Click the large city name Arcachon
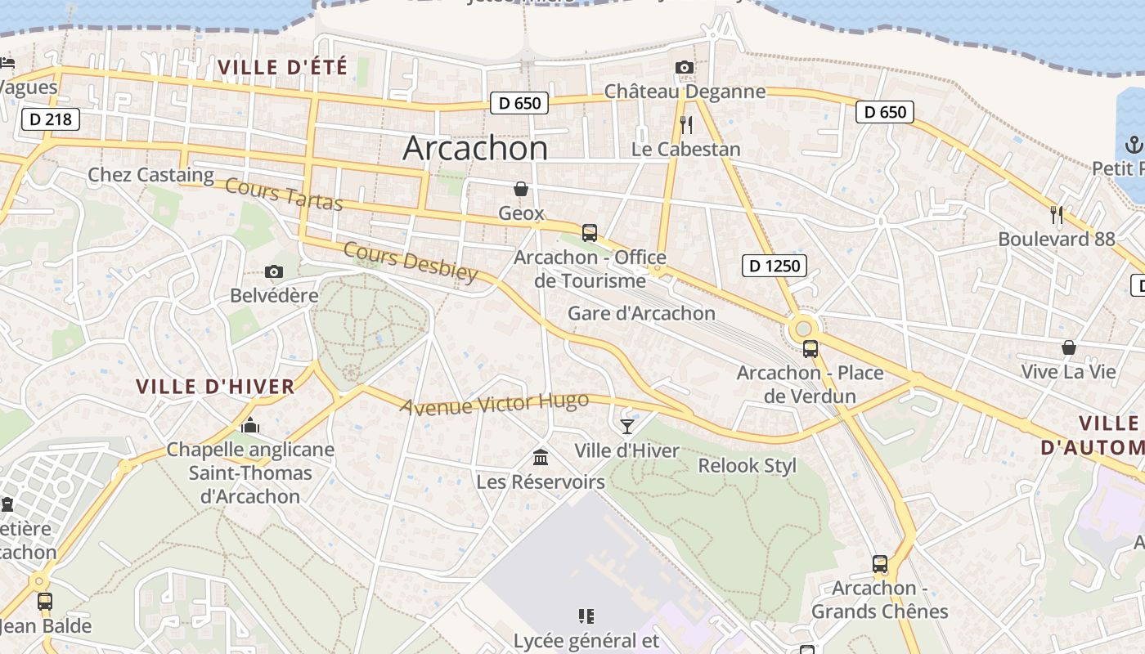(475, 148)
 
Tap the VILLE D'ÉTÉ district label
(283, 67)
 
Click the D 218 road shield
(50, 119)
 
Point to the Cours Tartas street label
(284, 194)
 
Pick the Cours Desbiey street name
(410, 261)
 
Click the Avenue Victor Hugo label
(494, 403)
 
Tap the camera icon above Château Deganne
(685, 67)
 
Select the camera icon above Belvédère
(274, 271)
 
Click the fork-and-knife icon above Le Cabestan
(686, 124)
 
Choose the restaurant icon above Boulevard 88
(1057, 215)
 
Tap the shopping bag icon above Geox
(521, 190)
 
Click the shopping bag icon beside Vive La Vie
(1068, 347)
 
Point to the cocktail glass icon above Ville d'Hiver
(626, 426)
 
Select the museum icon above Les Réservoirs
(541, 456)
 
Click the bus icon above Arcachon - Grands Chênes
(880, 563)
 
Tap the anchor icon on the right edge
(1134, 146)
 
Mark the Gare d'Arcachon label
(641, 313)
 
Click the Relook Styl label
(747, 466)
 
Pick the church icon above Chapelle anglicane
(250, 425)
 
